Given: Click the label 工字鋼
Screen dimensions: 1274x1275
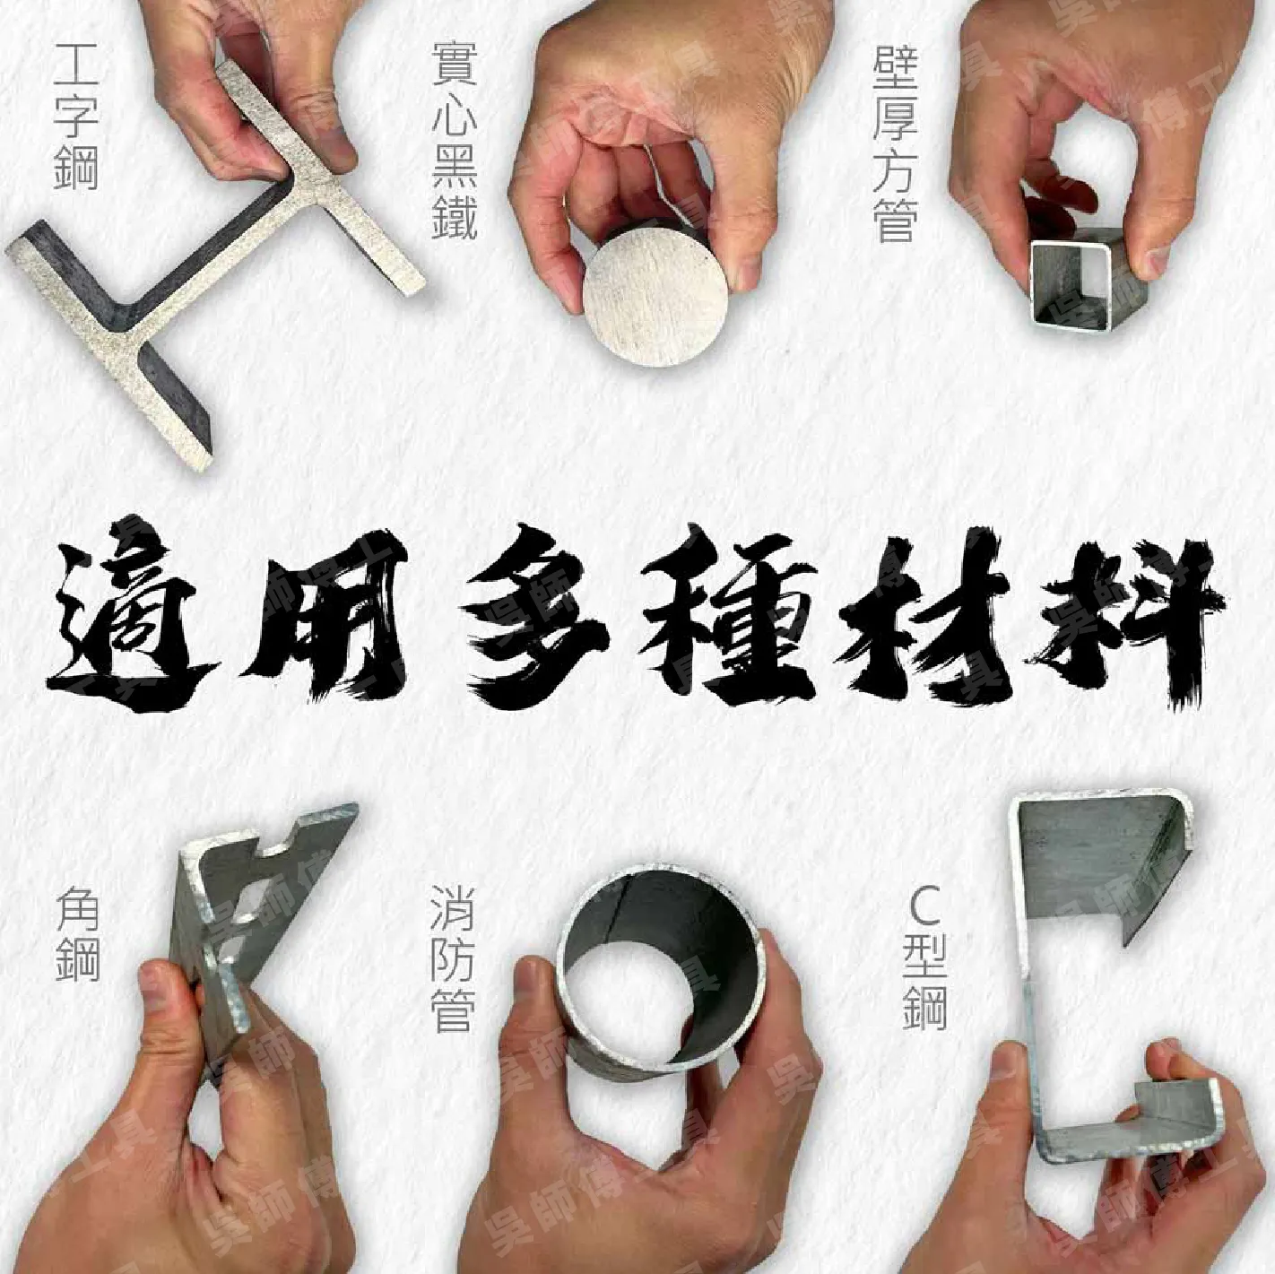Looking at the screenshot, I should [76, 114].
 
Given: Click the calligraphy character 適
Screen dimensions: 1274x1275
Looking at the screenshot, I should [126, 619].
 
